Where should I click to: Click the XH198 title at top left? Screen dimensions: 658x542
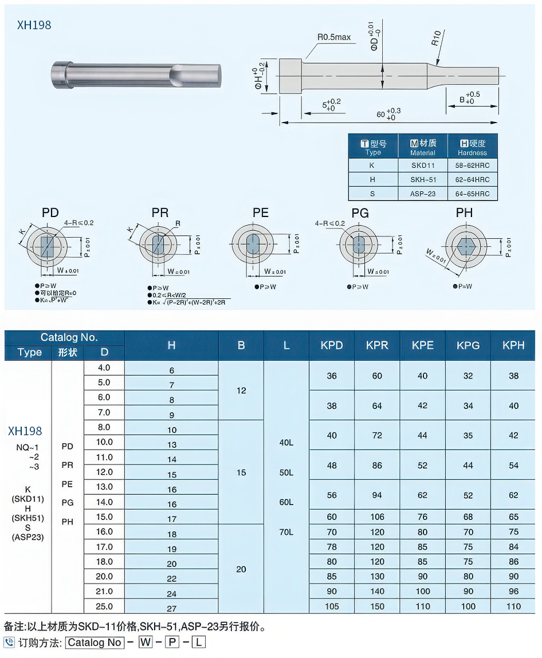coord(34,25)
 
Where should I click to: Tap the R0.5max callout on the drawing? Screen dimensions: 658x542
coord(334,38)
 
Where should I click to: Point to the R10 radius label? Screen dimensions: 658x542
coord(436,38)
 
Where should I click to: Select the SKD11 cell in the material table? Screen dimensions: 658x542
coord(423,166)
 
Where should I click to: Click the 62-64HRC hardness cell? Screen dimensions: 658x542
coord(473,180)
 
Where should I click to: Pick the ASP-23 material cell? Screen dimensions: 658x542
coord(423,194)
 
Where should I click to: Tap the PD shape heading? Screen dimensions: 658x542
coord(50,213)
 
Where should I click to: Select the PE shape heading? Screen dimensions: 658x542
coord(261,213)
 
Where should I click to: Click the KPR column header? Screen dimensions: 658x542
coord(377,345)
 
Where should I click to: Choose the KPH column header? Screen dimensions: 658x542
coord(513,345)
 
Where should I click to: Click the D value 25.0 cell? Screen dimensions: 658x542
coord(104,606)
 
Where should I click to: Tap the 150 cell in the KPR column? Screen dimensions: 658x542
coord(377,606)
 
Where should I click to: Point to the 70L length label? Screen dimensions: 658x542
coord(286,532)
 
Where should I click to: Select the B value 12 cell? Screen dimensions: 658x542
coord(241,391)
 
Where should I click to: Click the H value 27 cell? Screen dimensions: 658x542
coord(172,609)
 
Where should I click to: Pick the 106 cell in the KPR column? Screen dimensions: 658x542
coord(377,517)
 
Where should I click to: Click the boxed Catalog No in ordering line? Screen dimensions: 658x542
coord(95,643)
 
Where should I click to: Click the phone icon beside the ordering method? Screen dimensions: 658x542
coord(9,643)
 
